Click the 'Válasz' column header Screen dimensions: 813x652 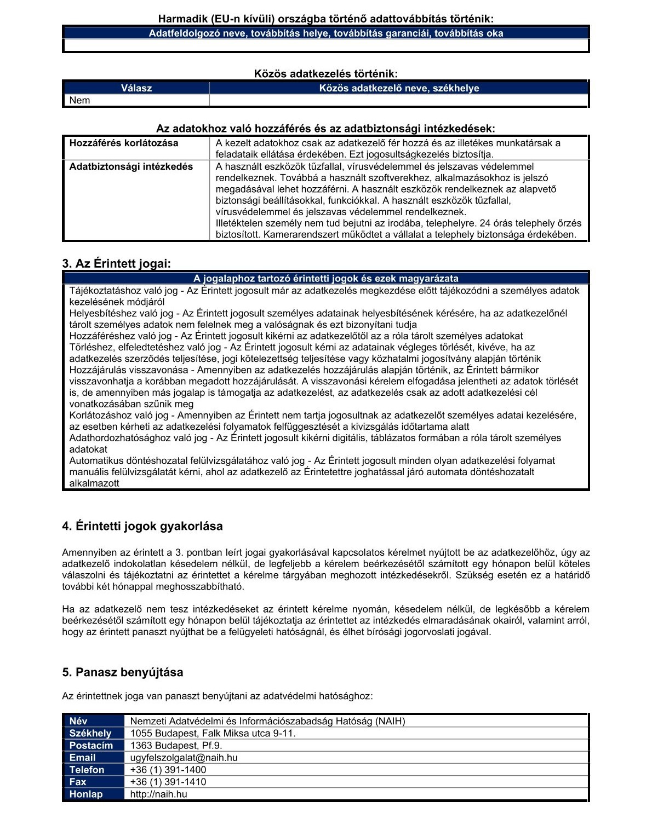(x=136, y=88)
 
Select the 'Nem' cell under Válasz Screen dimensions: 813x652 (x=80, y=100)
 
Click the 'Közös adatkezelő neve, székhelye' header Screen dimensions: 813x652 (x=399, y=88)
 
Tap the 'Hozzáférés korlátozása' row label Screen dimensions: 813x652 (x=124, y=143)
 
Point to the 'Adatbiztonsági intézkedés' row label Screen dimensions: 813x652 (x=131, y=166)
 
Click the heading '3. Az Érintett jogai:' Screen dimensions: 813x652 (x=117, y=263)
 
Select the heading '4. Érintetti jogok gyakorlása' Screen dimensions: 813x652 (x=142, y=526)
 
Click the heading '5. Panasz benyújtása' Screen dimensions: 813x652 (x=123, y=672)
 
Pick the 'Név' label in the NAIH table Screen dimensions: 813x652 (x=78, y=721)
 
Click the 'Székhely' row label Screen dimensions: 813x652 (x=90, y=733)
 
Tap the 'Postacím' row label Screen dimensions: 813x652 (x=91, y=745)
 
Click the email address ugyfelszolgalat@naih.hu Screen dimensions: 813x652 (x=184, y=757)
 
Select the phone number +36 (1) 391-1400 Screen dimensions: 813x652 (x=168, y=769)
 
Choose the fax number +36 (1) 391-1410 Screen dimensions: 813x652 (x=168, y=781)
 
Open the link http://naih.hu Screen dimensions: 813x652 (x=159, y=794)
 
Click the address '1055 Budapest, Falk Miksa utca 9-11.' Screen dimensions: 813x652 (x=213, y=733)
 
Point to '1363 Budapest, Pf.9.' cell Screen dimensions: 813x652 (x=176, y=745)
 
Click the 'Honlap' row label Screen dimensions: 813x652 (x=86, y=794)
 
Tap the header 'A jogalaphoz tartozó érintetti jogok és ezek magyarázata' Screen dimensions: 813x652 (x=326, y=278)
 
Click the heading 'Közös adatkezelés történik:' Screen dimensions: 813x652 (x=326, y=73)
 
